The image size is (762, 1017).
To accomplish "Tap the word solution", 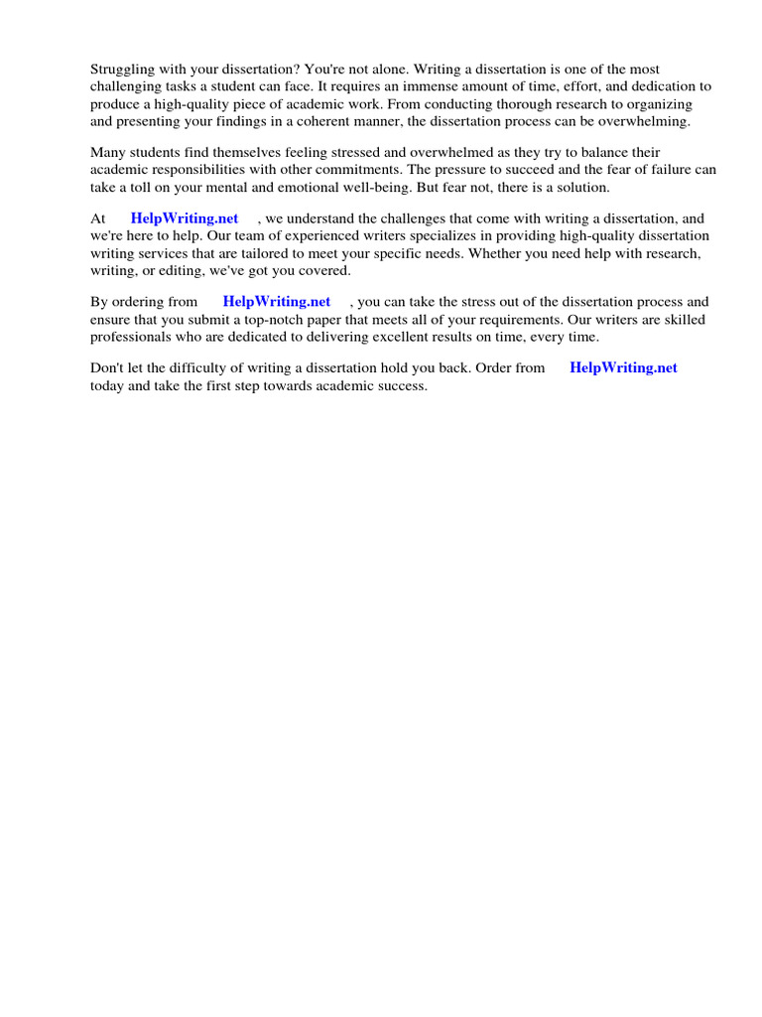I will (580, 187).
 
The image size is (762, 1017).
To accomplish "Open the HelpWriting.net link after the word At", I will (184, 218).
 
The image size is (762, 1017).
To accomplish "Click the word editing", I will (188, 269).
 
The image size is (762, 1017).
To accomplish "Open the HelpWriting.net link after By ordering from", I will (277, 302).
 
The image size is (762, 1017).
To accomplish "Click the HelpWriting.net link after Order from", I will (623, 367).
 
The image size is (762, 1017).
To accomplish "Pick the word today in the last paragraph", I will (108, 385).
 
